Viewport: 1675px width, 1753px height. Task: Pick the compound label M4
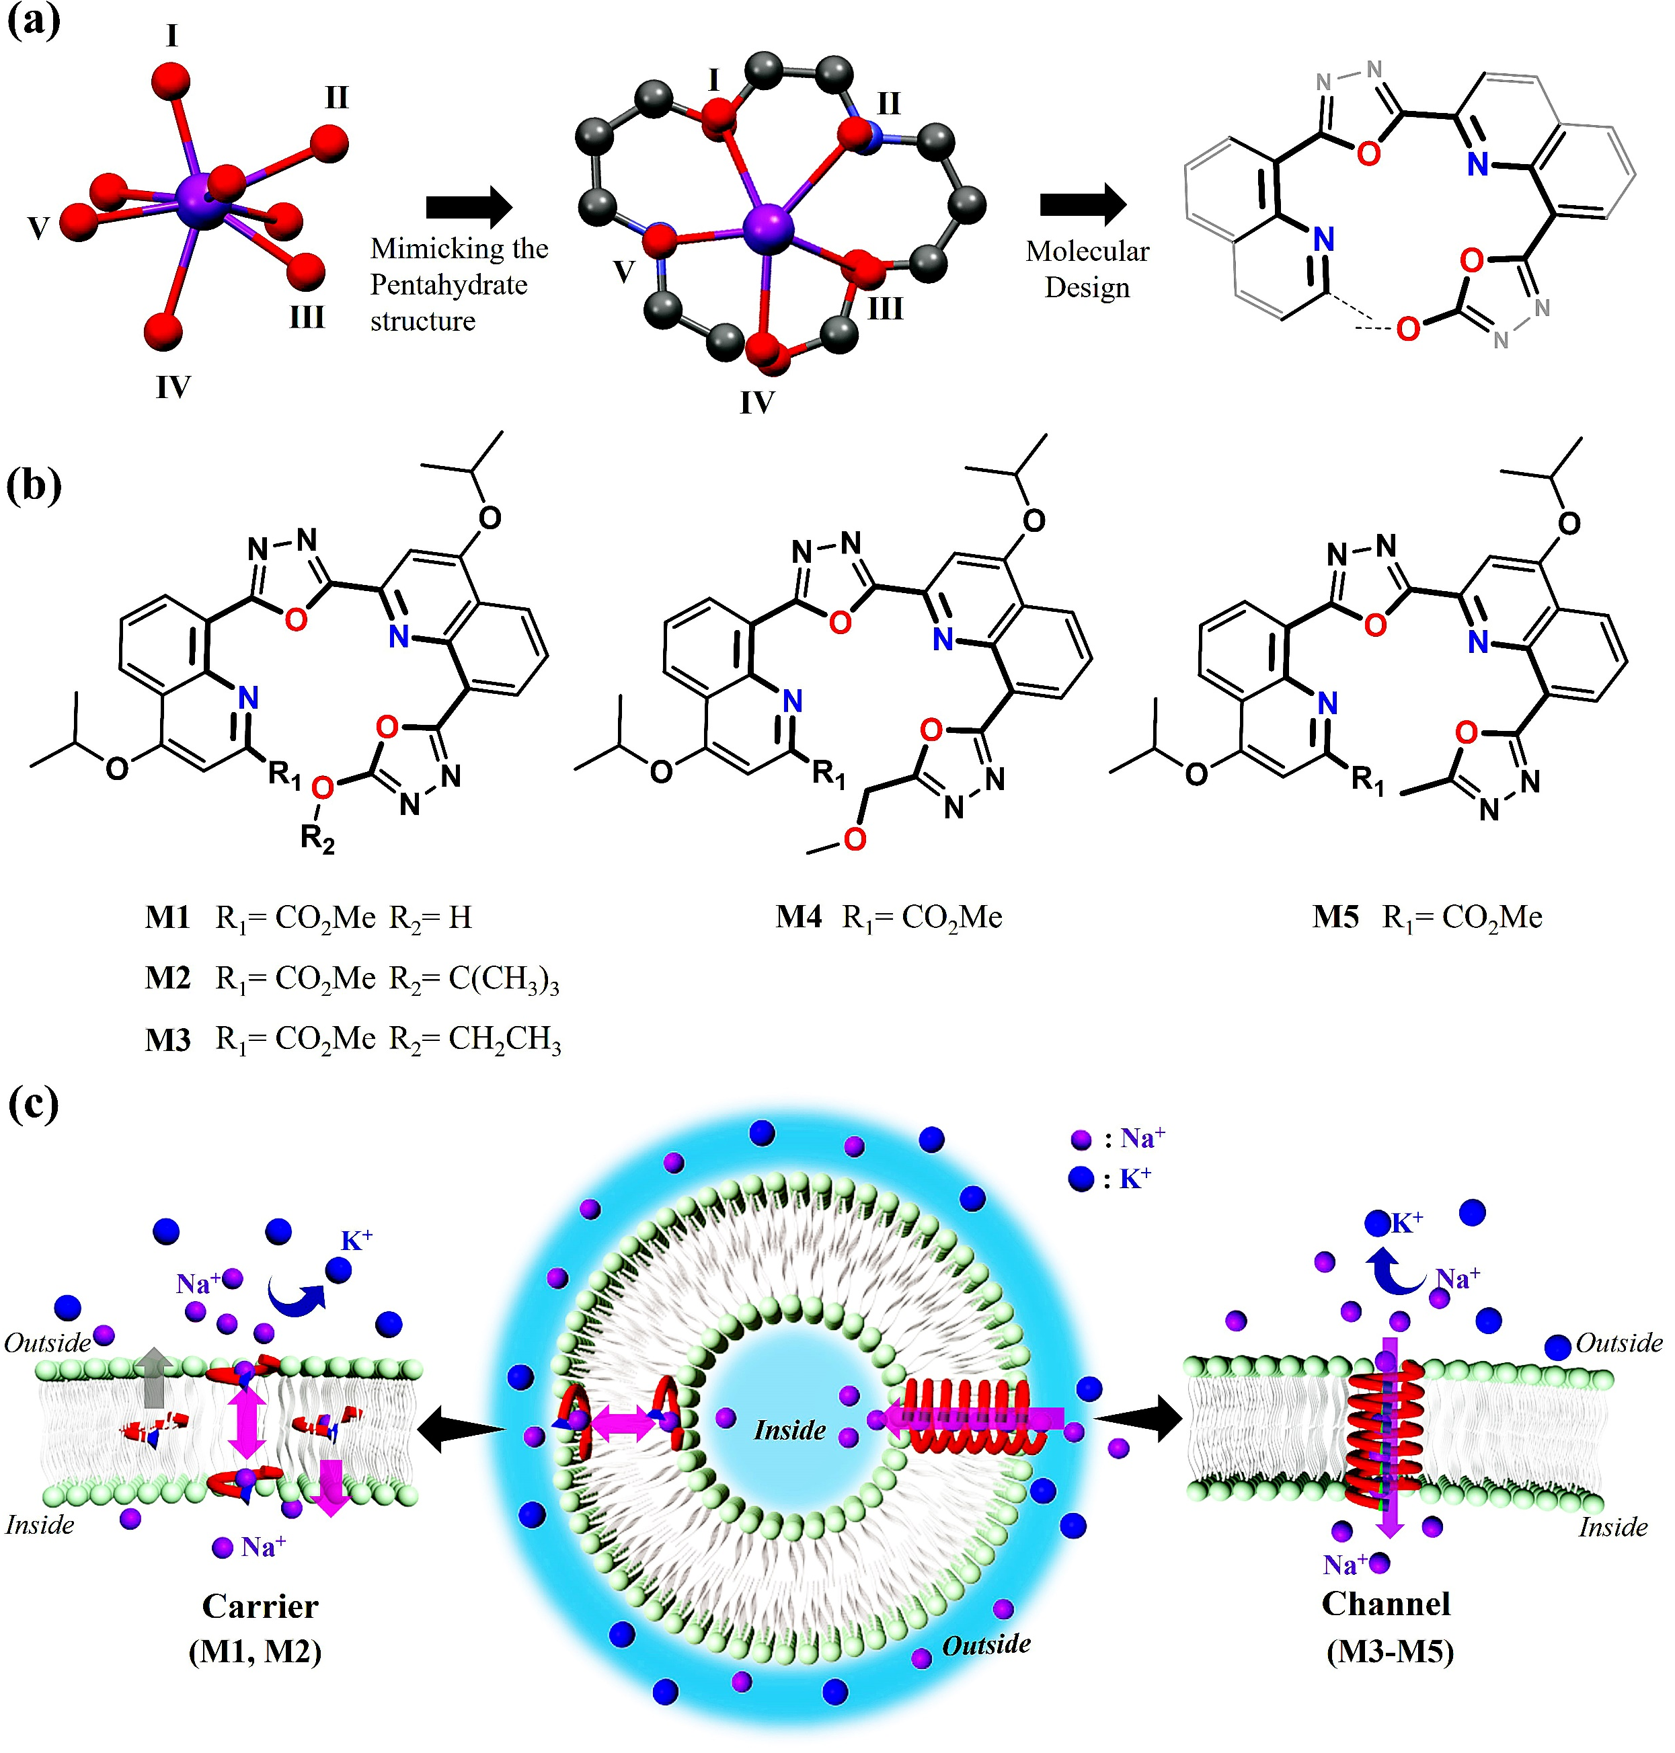tap(798, 917)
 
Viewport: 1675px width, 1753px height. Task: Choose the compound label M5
tap(1335, 917)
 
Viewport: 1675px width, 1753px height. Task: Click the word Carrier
tap(260, 1606)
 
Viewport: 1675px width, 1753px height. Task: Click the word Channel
tap(1386, 1604)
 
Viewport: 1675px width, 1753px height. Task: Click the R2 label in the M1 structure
tap(317, 839)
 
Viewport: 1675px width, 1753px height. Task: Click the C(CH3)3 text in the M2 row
tap(504, 980)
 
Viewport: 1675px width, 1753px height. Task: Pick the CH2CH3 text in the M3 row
tap(504, 1040)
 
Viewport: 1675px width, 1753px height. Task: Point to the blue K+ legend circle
tap(1081, 1179)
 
